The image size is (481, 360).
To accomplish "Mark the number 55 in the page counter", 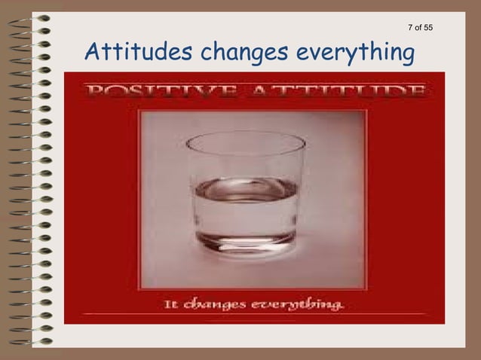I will coord(427,28).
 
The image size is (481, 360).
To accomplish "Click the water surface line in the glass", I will coord(245,184).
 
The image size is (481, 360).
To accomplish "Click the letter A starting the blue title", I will coord(93,53).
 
